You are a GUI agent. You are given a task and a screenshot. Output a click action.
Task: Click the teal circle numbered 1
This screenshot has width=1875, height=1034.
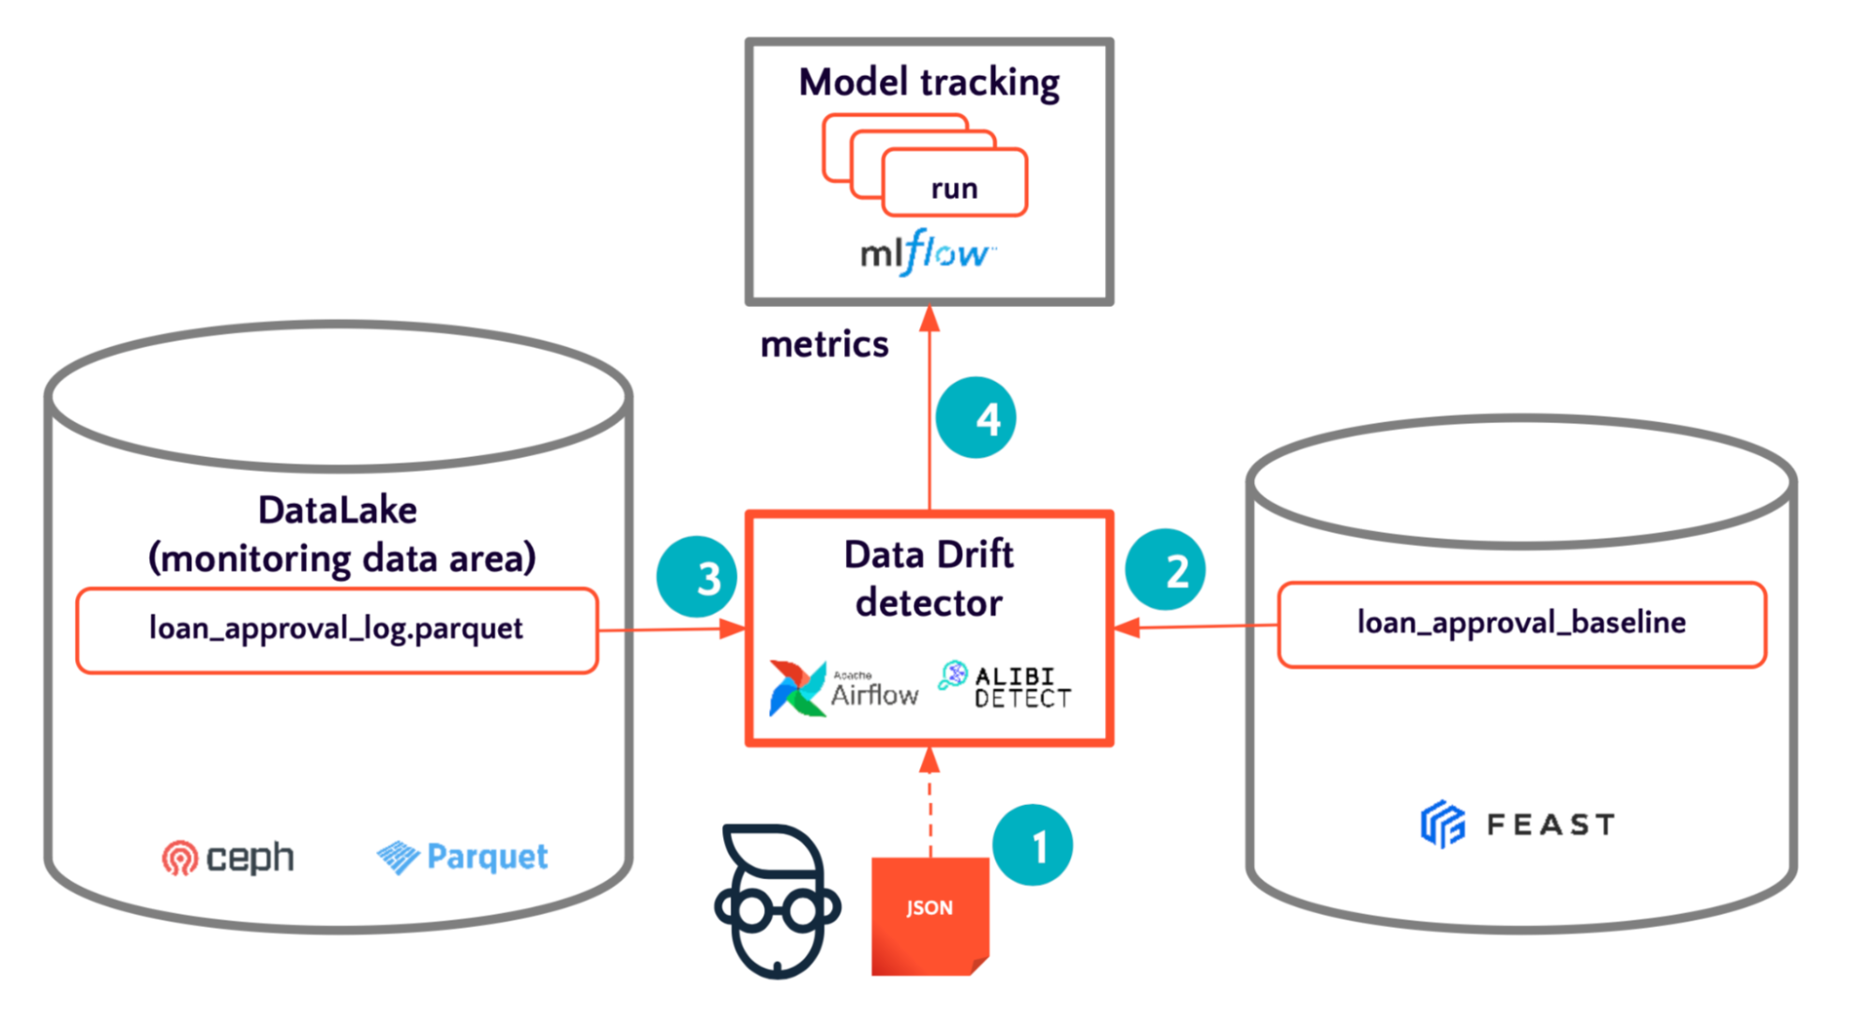point(1033,845)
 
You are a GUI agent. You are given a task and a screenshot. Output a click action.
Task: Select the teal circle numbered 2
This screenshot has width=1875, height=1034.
point(1166,570)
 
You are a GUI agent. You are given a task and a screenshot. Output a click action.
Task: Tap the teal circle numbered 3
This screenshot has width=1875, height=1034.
point(697,576)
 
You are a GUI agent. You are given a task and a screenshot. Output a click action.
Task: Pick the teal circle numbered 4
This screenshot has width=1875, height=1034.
point(975,418)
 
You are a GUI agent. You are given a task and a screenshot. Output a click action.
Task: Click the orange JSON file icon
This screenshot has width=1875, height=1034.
point(930,916)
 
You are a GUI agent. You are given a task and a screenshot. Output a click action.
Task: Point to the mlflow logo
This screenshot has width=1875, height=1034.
point(928,252)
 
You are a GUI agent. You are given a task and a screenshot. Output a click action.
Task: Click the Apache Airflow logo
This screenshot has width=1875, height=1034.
point(842,689)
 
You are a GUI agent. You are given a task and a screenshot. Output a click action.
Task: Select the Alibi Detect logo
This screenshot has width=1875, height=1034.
point(1005,686)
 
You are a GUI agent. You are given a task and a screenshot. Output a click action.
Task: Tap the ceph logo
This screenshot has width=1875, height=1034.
point(228,858)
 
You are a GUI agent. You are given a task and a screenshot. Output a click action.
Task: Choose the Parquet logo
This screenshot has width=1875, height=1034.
point(462,857)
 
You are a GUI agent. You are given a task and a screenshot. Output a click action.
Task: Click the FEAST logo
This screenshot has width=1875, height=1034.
point(1518,825)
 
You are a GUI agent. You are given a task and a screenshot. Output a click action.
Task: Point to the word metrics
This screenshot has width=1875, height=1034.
point(824,344)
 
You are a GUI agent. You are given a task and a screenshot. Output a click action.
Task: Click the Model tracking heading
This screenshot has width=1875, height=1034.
point(929,83)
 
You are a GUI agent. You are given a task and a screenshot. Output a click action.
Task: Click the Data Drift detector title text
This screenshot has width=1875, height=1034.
point(929,578)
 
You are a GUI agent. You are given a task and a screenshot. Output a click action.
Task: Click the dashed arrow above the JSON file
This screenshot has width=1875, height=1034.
point(930,803)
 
